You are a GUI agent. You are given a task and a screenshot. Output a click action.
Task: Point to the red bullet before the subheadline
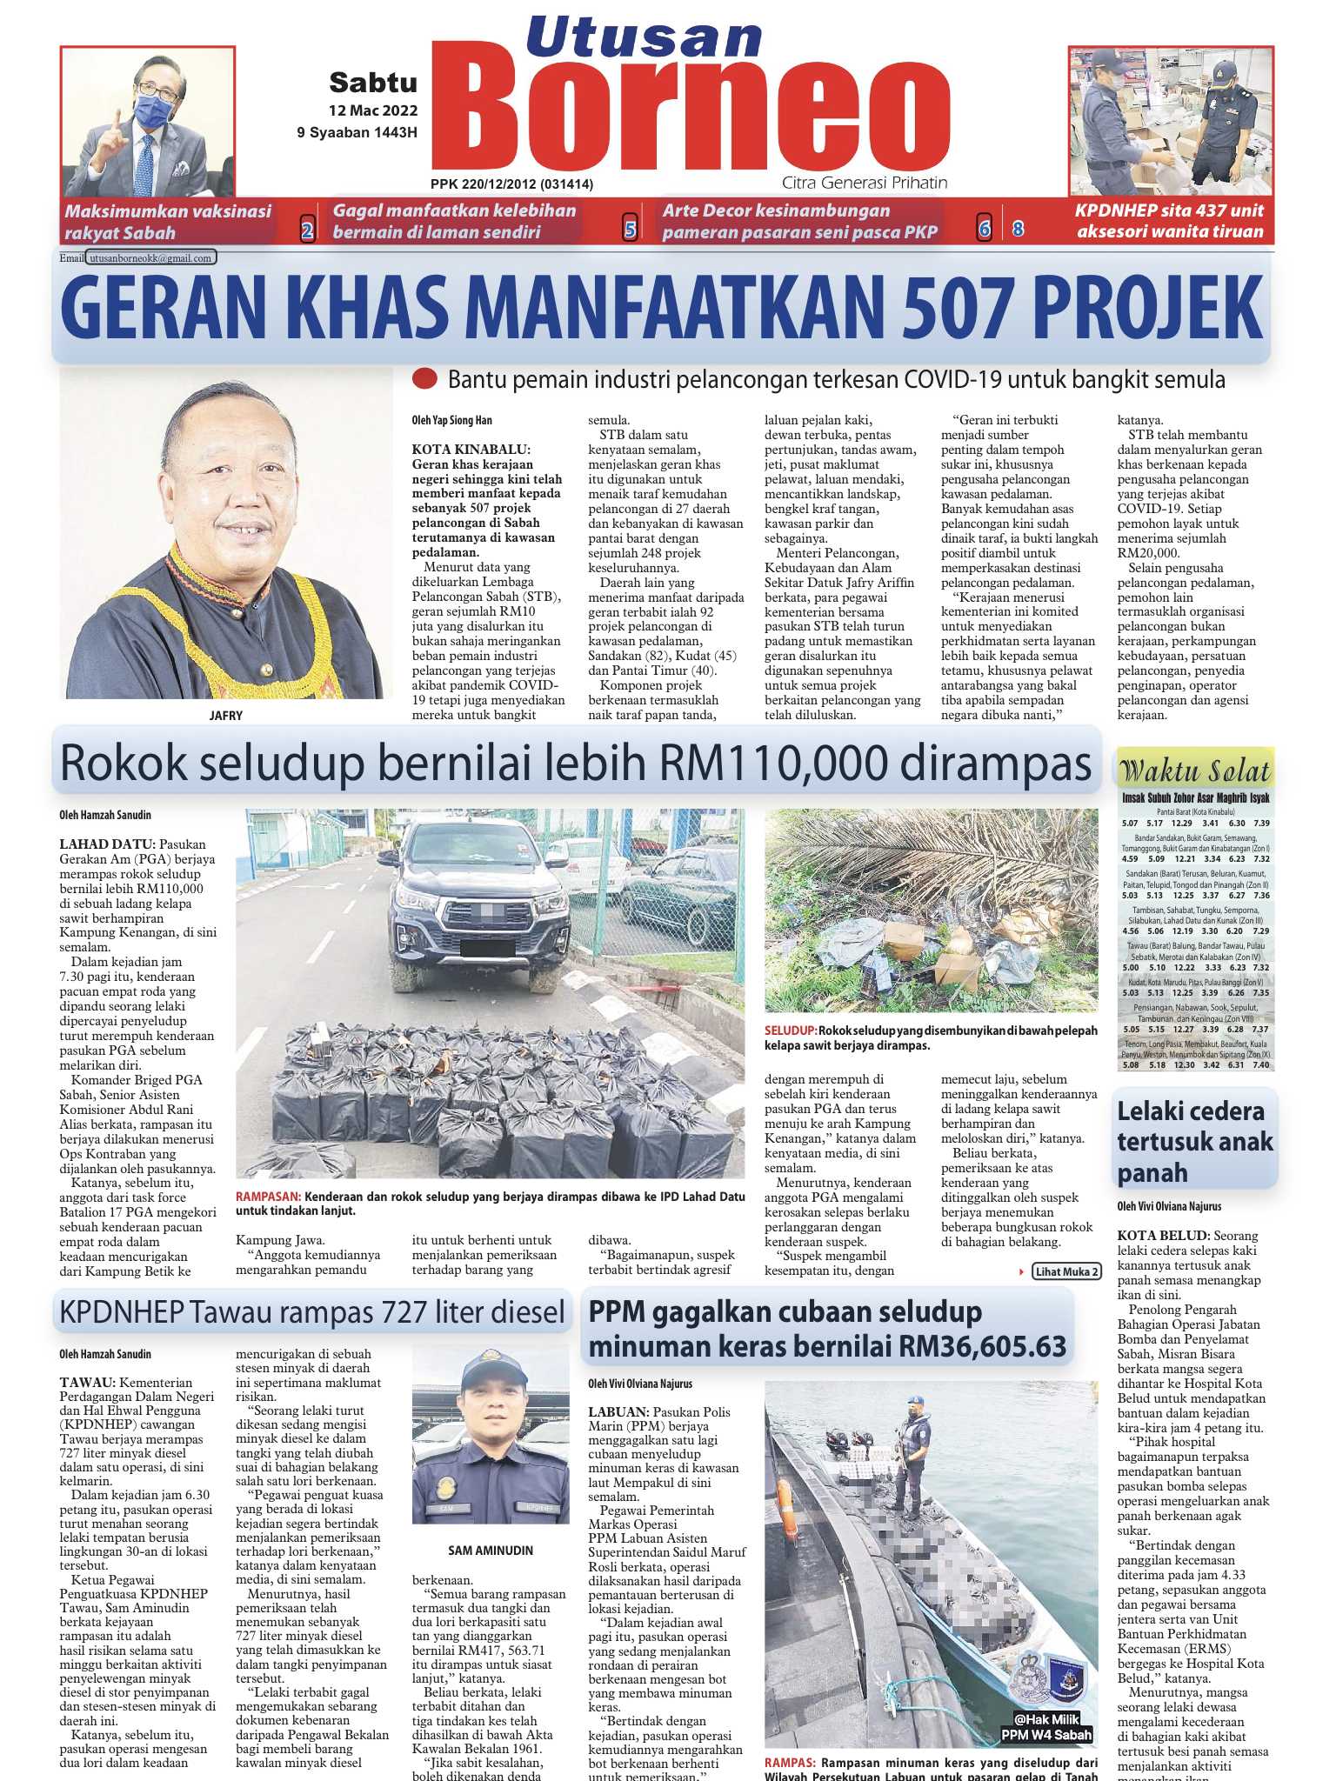[424, 379]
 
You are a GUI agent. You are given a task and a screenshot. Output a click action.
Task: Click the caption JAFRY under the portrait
[225, 716]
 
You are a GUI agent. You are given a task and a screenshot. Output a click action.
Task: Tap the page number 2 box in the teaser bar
[307, 230]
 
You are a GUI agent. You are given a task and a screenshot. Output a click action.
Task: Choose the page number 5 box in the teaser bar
[631, 230]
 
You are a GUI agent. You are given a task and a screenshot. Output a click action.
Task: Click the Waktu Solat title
[1195, 770]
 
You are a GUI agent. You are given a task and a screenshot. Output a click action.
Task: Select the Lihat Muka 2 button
[1066, 1271]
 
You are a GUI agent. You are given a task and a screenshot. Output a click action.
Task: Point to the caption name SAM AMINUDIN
[491, 1551]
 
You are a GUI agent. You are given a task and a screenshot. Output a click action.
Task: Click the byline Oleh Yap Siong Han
[452, 421]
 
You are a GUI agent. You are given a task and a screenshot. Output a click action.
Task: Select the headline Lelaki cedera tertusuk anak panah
[1195, 1142]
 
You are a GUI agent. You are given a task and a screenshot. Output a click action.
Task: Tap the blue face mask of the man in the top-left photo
[152, 112]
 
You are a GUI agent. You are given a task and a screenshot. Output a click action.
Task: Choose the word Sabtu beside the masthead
[373, 83]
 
